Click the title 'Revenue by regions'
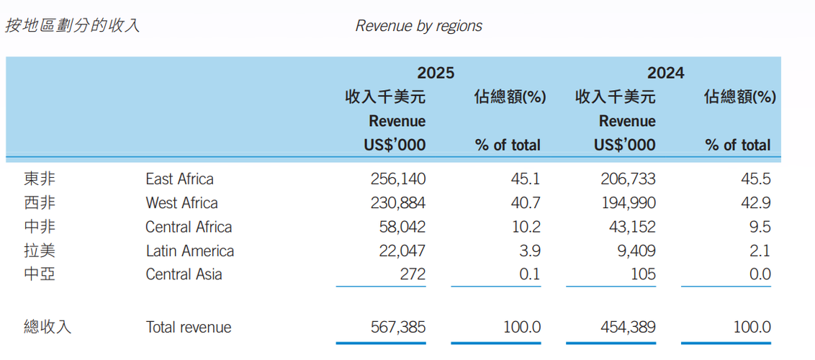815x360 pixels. point(418,27)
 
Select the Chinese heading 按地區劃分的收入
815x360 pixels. point(72,27)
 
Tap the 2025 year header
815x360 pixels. point(435,73)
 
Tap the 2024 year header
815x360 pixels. point(665,73)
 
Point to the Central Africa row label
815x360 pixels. point(189,227)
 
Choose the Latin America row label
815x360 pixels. point(189,251)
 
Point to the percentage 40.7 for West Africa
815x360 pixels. point(526,203)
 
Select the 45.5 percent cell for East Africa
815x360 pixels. point(756,179)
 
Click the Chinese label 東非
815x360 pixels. point(39,179)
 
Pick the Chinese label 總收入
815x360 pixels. point(48,328)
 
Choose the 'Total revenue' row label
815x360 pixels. point(189,328)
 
